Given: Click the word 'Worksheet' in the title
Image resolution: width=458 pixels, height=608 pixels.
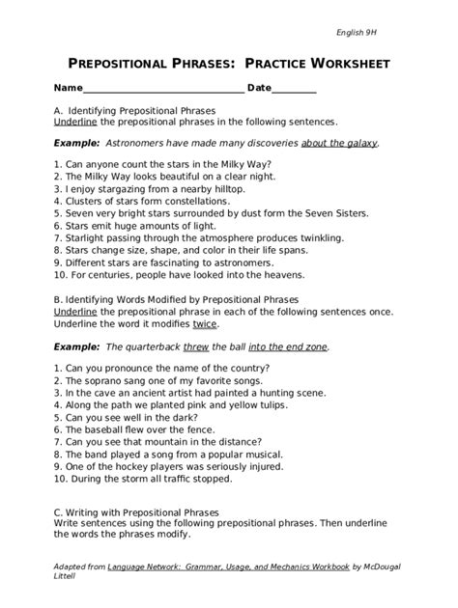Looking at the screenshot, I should (x=340, y=64).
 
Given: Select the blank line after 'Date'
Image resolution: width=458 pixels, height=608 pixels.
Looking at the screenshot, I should (x=295, y=89).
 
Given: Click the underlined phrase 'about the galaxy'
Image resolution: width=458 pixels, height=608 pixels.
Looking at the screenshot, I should (x=339, y=142).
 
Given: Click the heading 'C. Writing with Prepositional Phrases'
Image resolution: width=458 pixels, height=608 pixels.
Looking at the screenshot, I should (x=136, y=511).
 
